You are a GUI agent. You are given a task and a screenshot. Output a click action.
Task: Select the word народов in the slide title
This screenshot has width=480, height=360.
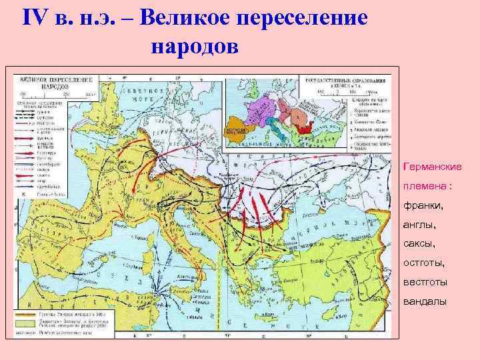(x=194, y=46)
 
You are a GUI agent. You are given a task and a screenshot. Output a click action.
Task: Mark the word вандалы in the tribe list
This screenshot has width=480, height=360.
(x=424, y=303)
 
